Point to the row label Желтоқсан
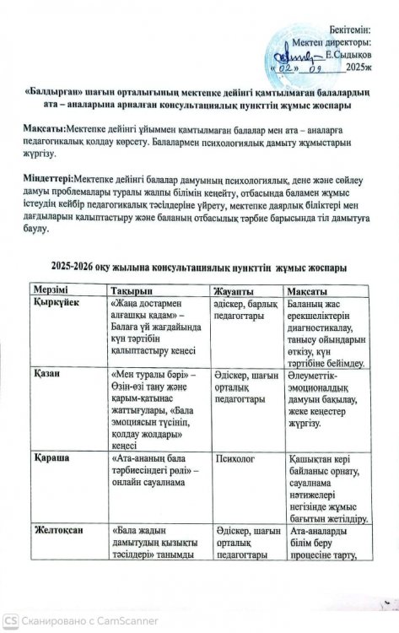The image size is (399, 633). (62, 530)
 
